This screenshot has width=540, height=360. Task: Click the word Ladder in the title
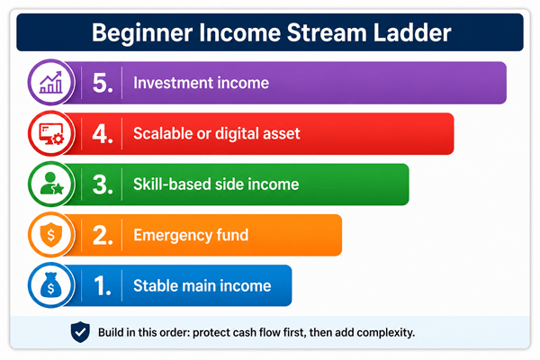[x=412, y=32]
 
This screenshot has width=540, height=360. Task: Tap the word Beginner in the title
[x=142, y=34]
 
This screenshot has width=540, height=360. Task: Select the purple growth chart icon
[x=51, y=83]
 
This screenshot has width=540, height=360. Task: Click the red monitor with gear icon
[x=51, y=134]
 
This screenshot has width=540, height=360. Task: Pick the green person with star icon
[x=51, y=184]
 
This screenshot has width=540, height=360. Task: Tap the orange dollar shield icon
[x=51, y=235]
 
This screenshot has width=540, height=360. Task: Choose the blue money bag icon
[x=50, y=285]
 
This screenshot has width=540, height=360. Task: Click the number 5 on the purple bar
[x=103, y=83]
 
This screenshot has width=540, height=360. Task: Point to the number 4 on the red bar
[x=103, y=134]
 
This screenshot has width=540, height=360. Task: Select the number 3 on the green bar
[x=103, y=184]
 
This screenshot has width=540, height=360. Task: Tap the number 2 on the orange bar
[x=103, y=235]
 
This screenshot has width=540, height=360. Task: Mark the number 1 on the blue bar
[x=103, y=285]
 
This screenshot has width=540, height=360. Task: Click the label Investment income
[x=201, y=83]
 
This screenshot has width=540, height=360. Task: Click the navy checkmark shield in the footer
[x=80, y=332]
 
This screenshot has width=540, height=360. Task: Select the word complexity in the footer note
[x=386, y=333]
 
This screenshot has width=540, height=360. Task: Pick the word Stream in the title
[x=328, y=32]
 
